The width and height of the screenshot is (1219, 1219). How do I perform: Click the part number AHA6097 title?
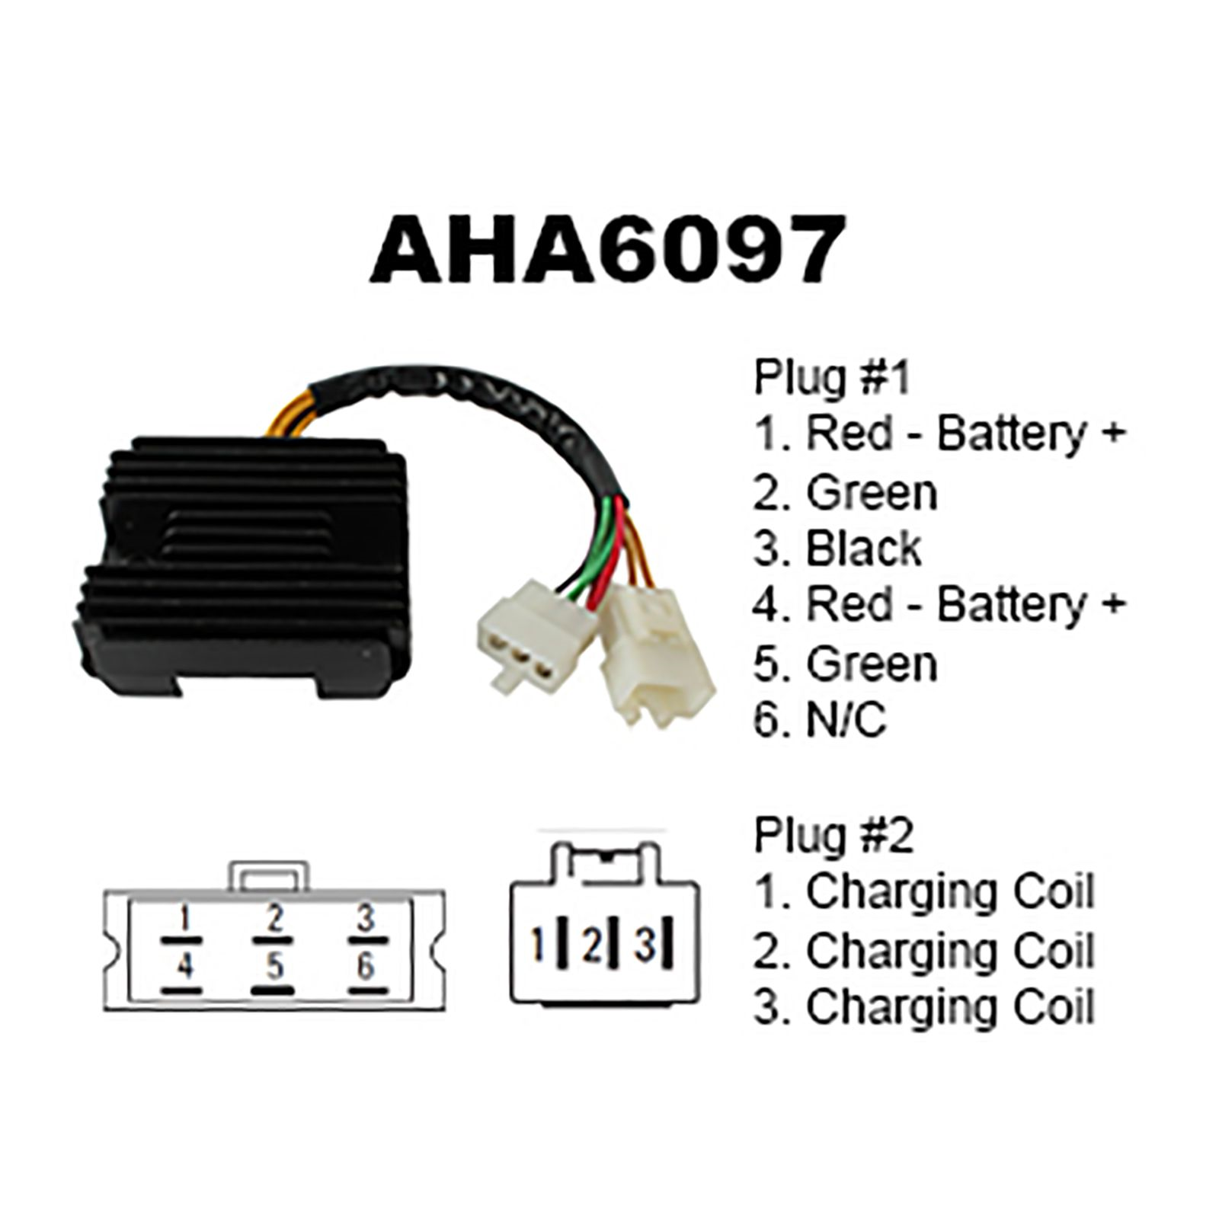tap(607, 248)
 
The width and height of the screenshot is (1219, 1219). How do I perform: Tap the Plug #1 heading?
tap(832, 377)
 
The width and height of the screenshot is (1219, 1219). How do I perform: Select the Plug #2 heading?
tap(833, 835)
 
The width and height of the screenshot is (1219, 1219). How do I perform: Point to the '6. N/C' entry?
tap(820, 720)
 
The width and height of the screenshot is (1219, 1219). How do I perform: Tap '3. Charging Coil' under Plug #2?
tap(924, 1007)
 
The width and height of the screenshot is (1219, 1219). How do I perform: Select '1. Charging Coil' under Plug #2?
tap(924, 891)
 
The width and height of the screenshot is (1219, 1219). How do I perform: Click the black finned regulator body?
tap(240, 564)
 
